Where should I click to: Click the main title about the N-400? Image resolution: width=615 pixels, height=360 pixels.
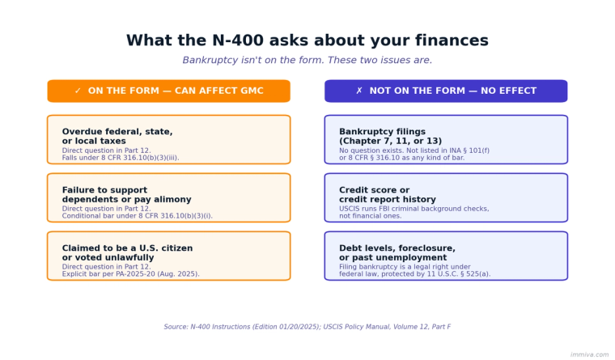(307, 41)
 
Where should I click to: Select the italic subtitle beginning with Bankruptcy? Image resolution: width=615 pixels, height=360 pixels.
(307, 61)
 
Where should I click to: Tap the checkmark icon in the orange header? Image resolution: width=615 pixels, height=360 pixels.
(78, 91)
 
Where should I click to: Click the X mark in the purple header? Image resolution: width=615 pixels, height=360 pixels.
(359, 91)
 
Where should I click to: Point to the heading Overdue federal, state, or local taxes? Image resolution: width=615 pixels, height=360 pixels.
(117, 136)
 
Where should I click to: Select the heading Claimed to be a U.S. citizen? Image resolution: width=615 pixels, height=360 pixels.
(127, 253)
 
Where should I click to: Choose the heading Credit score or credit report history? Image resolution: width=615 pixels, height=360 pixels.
(387, 195)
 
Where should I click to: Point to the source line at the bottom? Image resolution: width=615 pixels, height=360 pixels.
(307, 327)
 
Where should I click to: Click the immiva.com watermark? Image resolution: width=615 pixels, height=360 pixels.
(589, 354)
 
